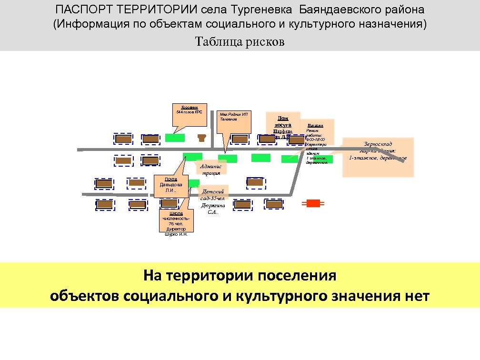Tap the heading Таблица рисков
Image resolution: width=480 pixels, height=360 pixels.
point(240,42)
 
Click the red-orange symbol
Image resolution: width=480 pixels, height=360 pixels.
point(313,203)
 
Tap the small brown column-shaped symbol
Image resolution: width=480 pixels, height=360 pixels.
point(202,138)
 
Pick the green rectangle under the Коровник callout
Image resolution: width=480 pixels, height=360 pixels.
point(175,138)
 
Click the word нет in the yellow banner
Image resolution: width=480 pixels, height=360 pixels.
point(416,296)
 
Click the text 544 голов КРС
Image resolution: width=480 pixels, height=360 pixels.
point(189,111)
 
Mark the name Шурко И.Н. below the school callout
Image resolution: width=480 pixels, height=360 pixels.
point(176,234)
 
